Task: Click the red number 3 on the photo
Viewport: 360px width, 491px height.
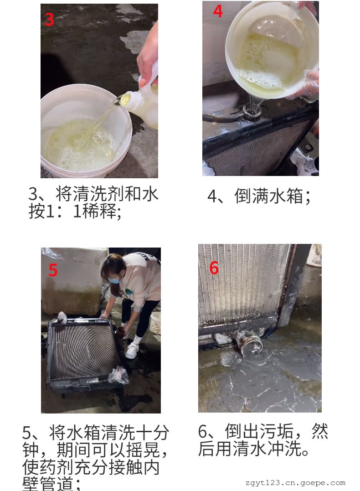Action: (50, 20)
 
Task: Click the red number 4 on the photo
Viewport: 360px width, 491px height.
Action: (218, 11)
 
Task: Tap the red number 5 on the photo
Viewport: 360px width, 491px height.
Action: (53, 270)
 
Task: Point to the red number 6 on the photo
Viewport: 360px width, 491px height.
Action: (214, 268)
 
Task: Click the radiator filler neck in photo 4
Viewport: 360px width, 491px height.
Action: (252, 110)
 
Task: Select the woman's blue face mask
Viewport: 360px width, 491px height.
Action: (114, 279)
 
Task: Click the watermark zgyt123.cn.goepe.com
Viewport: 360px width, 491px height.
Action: (295, 483)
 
